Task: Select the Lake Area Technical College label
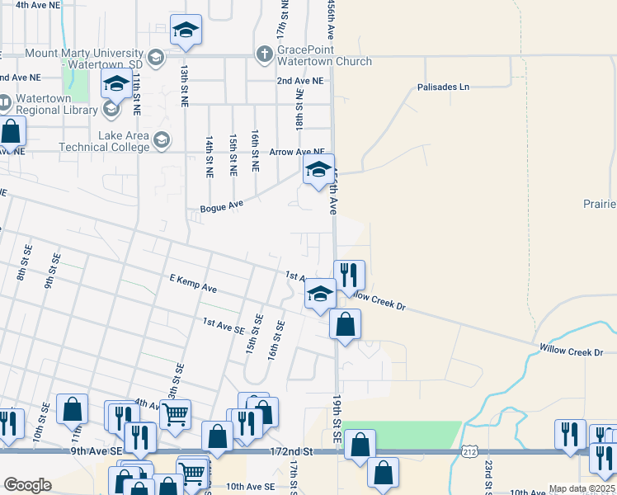[104, 141]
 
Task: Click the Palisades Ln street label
[443, 87]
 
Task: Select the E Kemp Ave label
[192, 284]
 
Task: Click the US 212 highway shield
[469, 452]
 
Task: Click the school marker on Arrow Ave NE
[318, 171]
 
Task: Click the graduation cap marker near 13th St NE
[186, 31]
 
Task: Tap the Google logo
[27, 485]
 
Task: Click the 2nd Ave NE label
[300, 81]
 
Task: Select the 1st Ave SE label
[224, 326]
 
